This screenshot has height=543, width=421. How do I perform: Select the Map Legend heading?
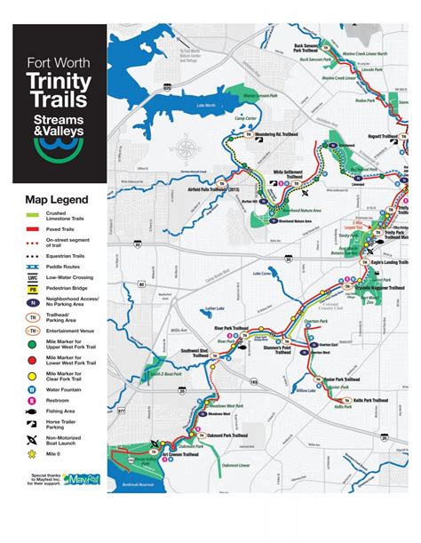(56, 199)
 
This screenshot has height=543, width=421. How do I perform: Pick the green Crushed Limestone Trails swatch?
(33, 214)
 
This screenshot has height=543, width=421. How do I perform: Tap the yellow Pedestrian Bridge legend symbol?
(33, 289)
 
